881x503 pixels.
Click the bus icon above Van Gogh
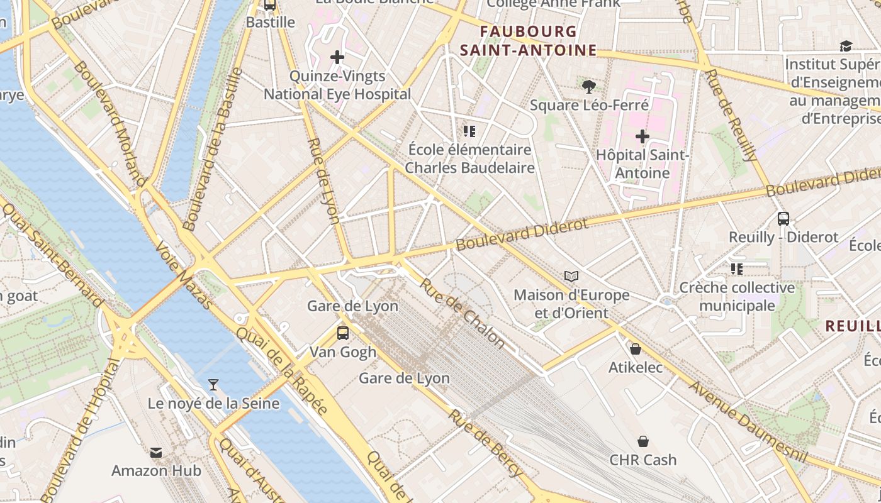click(x=343, y=333)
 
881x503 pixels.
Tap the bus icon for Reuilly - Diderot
click(x=783, y=219)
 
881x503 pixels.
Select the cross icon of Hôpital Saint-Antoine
click(x=642, y=136)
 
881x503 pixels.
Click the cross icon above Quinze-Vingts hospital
click(x=337, y=58)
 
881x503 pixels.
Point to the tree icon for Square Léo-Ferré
click(x=589, y=87)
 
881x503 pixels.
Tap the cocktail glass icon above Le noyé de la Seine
click(x=213, y=385)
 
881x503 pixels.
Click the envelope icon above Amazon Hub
click(x=156, y=452)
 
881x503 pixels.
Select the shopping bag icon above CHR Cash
click(x=643, y=441)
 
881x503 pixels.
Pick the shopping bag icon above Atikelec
click(x=636, y=349)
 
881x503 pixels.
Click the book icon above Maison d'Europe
click(x=571, y=276)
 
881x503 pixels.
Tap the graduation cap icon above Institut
click(x=846, y=46)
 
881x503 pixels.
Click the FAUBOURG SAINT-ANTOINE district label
click(x=527, y=41)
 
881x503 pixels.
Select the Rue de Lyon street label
click(x=324, y=181)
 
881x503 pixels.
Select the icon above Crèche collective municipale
click(x=737, y=269)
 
